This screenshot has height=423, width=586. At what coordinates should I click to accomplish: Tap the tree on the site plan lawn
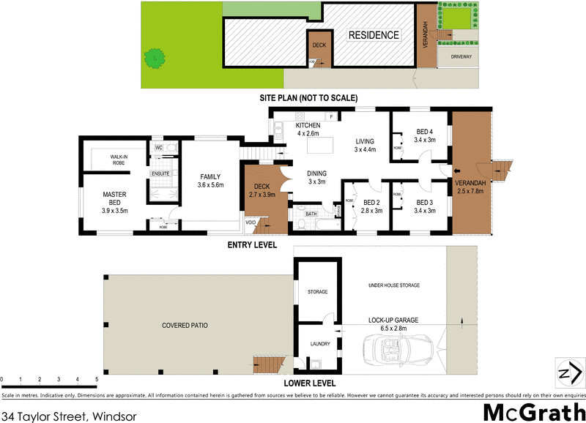point(155,57)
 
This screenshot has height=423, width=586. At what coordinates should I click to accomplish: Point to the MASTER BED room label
point(115,199)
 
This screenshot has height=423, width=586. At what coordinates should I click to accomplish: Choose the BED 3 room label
point(425,206)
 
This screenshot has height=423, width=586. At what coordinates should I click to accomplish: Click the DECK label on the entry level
point(262,191)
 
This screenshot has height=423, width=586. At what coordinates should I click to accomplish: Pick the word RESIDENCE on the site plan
point(374,35)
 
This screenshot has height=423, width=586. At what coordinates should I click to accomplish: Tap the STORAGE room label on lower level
point(317,291)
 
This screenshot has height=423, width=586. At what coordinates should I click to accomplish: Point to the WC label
point(157,147)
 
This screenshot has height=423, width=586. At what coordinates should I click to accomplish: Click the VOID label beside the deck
point(251,222)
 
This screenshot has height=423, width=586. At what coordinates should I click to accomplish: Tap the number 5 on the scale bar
point(97,379)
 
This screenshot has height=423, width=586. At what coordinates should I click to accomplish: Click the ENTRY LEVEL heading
point(252,245)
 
